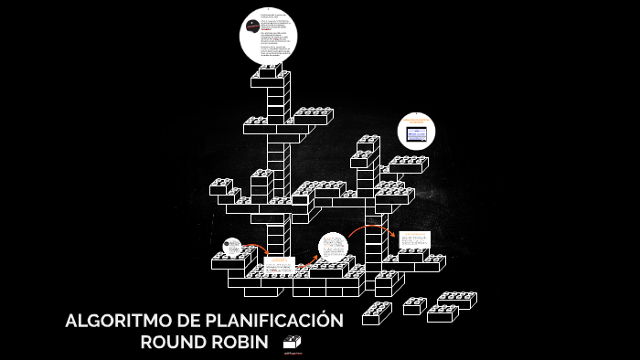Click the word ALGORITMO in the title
point(107,322)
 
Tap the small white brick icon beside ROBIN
point(292,342)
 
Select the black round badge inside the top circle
point(253,26)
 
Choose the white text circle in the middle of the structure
point(333,247)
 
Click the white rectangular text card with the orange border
point(412,238)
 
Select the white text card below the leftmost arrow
point(279,266)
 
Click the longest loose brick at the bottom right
point(456,300)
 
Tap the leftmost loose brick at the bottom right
point(376,313)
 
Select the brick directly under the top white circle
point(270,74)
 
